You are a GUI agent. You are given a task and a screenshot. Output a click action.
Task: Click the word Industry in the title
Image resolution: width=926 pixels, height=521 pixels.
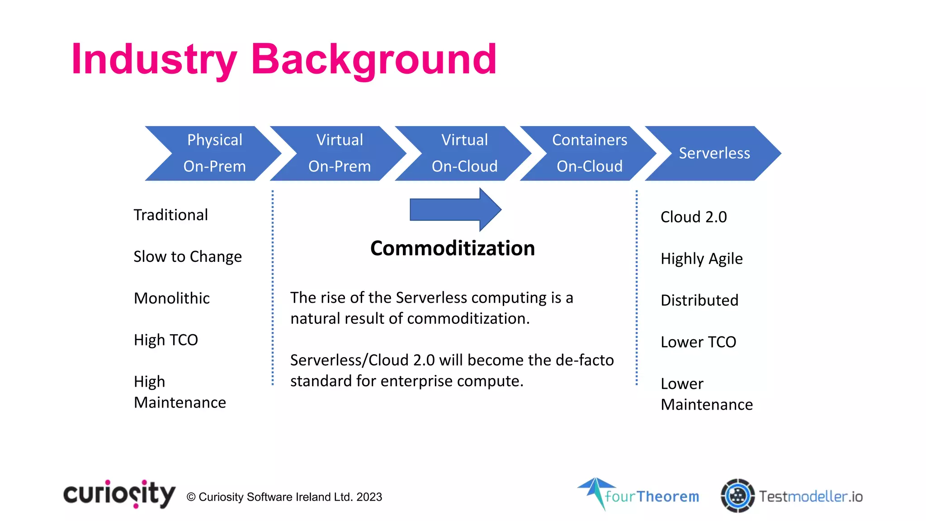point(154,60)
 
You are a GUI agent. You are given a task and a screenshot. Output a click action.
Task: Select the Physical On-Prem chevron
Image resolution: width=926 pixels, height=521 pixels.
point(214,153)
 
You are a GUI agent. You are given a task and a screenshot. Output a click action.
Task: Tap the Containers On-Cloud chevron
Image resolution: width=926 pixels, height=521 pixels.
point(589,153)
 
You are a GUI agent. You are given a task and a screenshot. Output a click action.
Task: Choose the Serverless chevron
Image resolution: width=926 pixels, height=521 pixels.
point(714,153)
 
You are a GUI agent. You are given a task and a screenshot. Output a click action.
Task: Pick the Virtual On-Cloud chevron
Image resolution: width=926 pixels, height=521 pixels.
point(464,153)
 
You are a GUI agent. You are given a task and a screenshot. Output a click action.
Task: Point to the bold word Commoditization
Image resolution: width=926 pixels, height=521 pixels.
point(452,248)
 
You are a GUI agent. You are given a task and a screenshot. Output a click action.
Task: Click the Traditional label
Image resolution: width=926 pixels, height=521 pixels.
point(170,215)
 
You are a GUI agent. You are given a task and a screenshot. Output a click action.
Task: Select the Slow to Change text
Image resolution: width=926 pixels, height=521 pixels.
point(187,257)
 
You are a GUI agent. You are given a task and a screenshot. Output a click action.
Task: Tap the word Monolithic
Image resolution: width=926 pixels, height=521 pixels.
point(171,298)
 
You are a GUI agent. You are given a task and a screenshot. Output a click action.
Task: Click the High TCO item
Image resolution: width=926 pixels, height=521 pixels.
point(165,340)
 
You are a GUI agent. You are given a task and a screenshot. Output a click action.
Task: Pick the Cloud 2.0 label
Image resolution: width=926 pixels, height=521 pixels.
point(693,217)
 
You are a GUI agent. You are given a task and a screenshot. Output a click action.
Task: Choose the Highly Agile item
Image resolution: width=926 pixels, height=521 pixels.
point(701,259)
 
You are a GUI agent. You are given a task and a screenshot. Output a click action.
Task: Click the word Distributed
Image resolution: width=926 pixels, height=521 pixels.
point(699,300)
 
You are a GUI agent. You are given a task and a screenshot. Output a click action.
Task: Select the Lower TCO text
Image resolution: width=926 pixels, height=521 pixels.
point(698,342)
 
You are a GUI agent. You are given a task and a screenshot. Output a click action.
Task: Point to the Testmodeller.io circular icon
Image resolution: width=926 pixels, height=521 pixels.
point(737,496)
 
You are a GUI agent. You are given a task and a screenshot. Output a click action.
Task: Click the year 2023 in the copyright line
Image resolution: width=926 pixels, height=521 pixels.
point(369,497)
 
